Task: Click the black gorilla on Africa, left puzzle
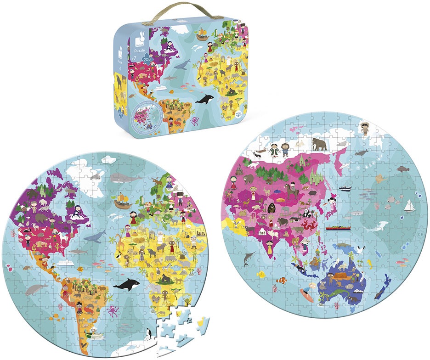click(164, 278)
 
